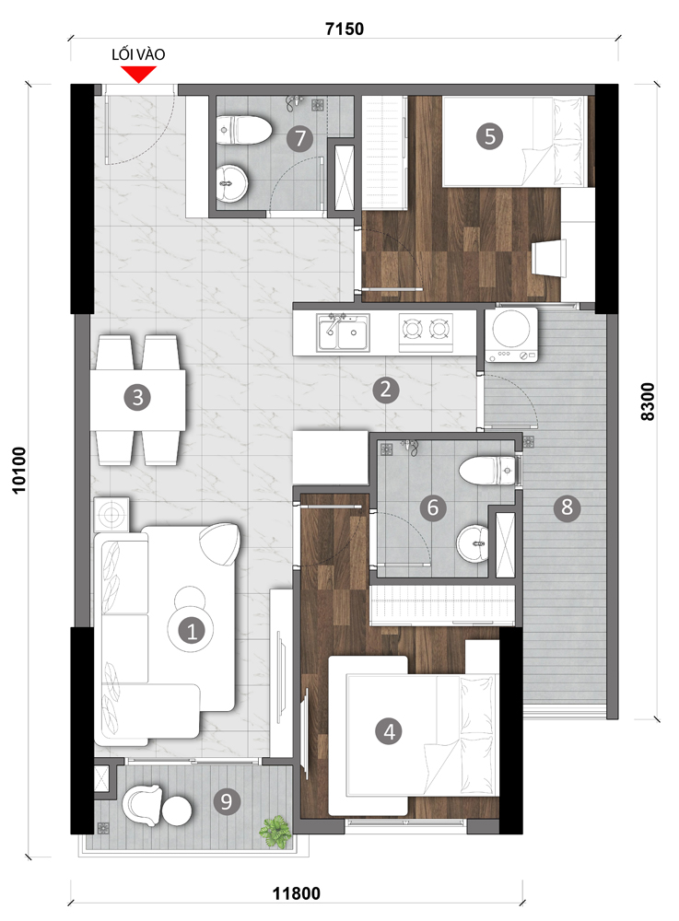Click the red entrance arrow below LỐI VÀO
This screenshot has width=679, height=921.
[x=138, y=75]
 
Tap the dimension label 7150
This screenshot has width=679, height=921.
[x=345, y=29]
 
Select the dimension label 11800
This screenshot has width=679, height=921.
[x=297, y=893]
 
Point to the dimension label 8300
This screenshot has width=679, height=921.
[x=647, y=402]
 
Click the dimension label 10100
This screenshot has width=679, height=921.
[x=19, y=470]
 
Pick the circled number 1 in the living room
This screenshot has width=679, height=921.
[x=192, y=632]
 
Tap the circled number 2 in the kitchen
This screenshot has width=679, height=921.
[x=385, y=390]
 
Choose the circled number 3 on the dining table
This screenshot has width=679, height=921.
[x=137, y=398]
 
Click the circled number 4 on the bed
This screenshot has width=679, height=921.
[x=389, y=732]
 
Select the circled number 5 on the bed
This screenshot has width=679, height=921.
[x=490, y=137]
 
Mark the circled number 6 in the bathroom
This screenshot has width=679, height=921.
[x=433, y=507]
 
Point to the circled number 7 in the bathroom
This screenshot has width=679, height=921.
[x=300, y=139]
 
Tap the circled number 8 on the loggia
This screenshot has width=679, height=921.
[x=567, y=507]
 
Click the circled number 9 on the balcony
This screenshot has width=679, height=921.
[x=227, y=801]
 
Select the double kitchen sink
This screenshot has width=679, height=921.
[x=343, y=332]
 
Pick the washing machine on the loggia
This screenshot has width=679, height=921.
[x=511, y=334]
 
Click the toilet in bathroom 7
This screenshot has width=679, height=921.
[x=243, y=131]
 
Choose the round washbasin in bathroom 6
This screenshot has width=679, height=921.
[x=473, y=544]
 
